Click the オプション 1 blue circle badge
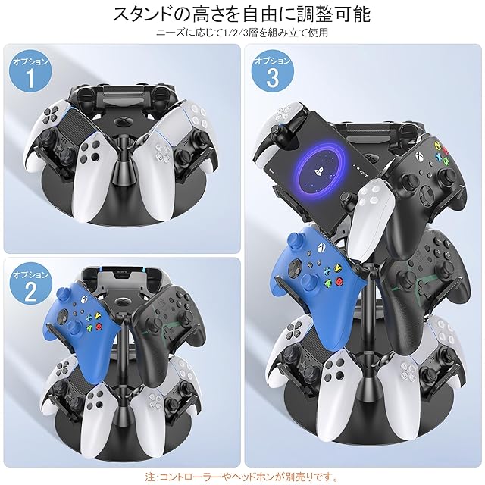tap(30, 71)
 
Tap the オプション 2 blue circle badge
tap(30, 285)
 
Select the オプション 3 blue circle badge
tap(273, 71)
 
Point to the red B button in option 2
tap(99, 326)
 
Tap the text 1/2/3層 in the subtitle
tap(239, 32)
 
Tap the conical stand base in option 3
tap(369, 393)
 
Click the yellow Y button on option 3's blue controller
tap(339, 266)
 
